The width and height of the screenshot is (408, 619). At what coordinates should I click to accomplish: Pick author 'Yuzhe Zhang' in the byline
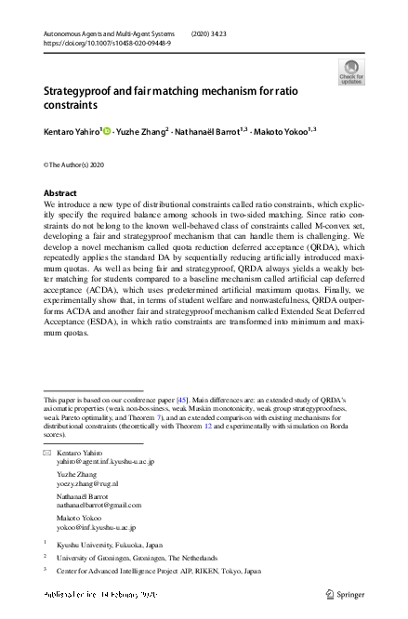(141, 133)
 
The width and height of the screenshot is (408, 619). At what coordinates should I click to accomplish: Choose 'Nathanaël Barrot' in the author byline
(207, 133)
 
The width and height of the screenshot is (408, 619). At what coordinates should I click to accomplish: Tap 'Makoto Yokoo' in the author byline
(282, 133)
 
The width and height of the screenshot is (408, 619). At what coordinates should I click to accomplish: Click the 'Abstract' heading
(60, 193)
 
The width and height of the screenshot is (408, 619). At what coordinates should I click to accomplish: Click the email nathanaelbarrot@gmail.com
(99, 505)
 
